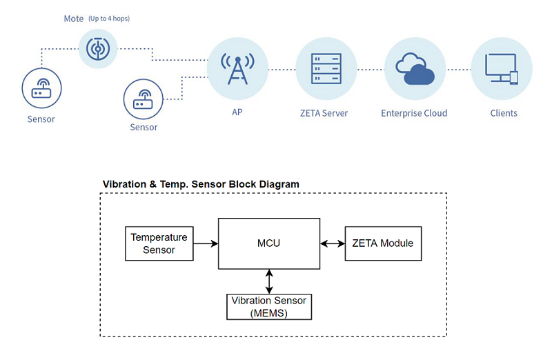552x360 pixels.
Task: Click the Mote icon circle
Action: click(98, 48)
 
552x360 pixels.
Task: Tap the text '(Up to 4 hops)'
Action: click(109, 19)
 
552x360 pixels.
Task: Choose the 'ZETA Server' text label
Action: click(325, 113)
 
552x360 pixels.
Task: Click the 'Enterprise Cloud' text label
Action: click(414, 113)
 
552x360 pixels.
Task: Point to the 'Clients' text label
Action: click(504, 113)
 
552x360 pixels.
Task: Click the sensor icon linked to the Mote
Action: click(41, 87)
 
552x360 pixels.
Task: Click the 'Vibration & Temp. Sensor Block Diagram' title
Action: click(201, 184)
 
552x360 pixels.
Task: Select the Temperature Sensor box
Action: click(159, 243)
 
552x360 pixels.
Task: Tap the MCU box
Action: click(269, 243)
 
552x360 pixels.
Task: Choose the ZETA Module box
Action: click(383, 243)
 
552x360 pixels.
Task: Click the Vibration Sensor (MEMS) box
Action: click(269, 307)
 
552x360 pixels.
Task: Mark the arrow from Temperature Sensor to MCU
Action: click(206, 243)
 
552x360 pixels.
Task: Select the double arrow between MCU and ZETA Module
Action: click(333, 243)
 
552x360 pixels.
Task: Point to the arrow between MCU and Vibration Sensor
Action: click(269, 281)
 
